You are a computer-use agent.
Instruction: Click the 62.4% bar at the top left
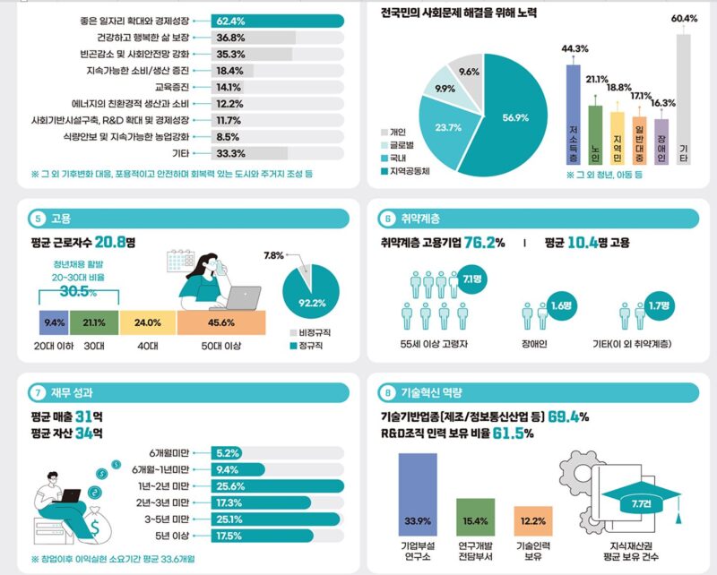pyautogui.click(x=278, y=21)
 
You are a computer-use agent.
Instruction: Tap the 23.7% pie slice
pyautogui.click(x=445, y=130)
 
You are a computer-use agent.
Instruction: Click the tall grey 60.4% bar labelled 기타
pyautogui.click(x=683, y=99)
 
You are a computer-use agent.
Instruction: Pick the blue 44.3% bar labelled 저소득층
pyautogui.click(x=573, y=115)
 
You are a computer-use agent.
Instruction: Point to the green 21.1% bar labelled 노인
pyautogui.click(x=595, y=135)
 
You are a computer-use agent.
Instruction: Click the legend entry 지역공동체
pyautogui.click(x=405, y=171)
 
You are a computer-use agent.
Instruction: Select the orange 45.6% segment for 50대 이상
pyautogui.click(x=221, y=322)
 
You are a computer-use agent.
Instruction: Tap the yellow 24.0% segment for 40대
pyautogui.click(x=148, y=322)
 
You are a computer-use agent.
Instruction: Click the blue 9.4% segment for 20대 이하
pyautogui.click(x=54, y=322)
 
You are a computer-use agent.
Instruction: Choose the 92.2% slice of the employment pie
pyautogui.click(x=311, y=295)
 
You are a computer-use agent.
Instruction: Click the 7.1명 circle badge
pyautogui.click(x=472, y=279)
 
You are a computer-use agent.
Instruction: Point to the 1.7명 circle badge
pyautogui.click(x=659, y=305)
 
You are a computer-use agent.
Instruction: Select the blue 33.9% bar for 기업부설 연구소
pyautogui.click(x=418, y=494)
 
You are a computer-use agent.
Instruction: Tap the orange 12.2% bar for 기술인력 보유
pyautogui.click(x=533, y=521)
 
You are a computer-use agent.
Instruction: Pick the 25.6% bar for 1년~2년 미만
pyautogui.click(x=278, y=486)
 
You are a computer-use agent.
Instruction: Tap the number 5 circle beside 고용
pyautogui.click(x=38, y=219)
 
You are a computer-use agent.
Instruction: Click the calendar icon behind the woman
pyautogui.click(x=181, y=261)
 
